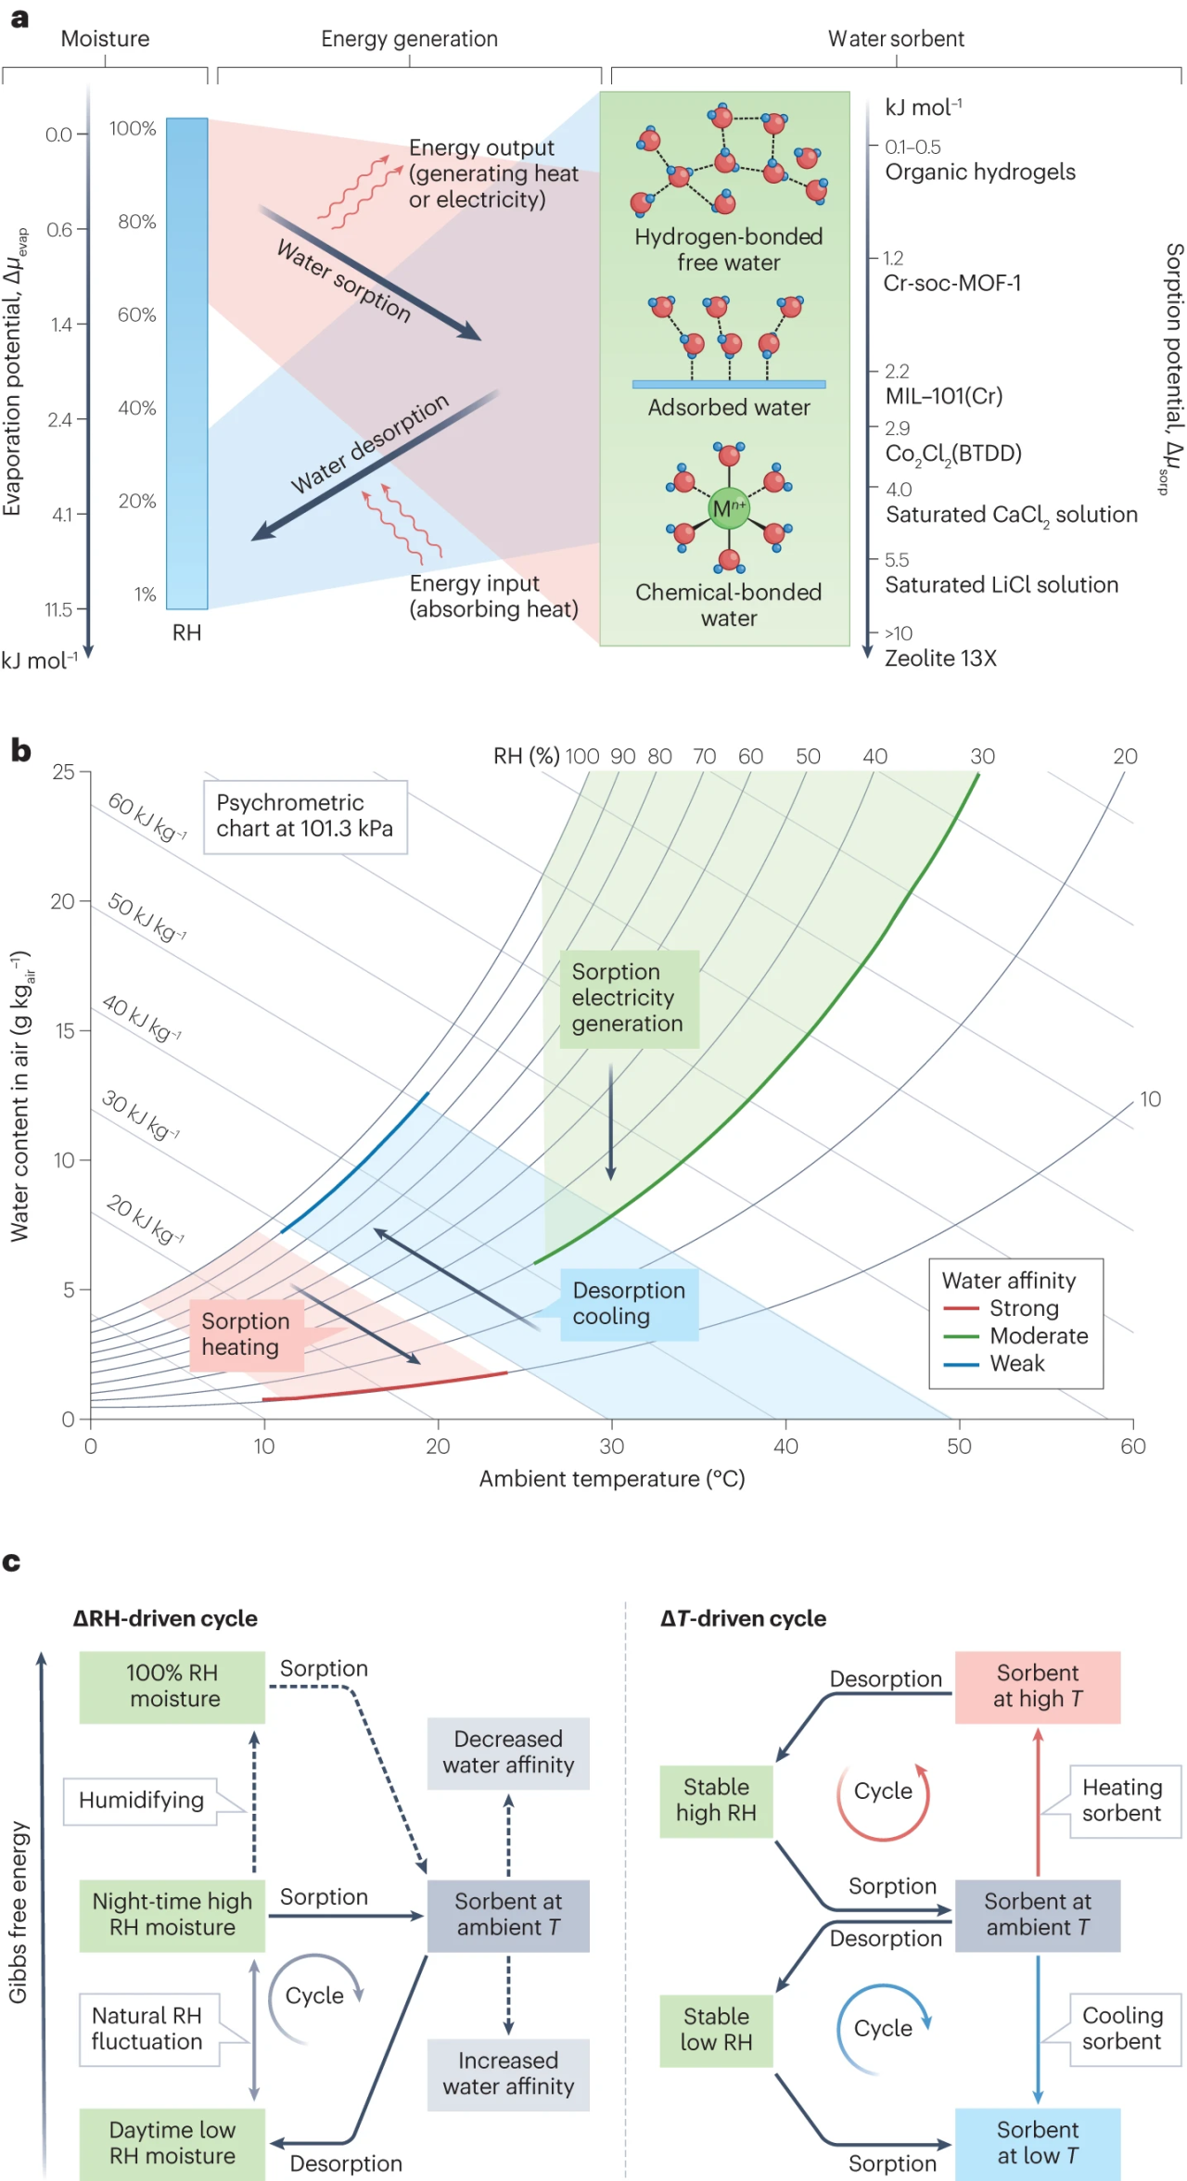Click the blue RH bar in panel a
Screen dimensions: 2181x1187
coord(186,363)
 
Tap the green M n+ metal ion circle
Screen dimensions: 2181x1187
coord(728,508)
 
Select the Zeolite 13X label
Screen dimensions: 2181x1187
coord(940,658)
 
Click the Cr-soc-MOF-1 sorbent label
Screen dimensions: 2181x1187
coord(951,283)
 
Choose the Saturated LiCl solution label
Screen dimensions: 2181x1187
coord(1002,585)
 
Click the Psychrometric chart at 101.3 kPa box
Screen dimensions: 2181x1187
coord(305,816)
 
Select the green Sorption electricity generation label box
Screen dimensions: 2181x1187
coord(629,999)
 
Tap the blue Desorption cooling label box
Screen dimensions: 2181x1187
coord(629,1304)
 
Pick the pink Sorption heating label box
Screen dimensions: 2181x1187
coord(247,1334)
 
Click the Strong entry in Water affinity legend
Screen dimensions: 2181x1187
coord(1023,1308)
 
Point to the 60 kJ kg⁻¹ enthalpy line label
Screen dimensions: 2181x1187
coord(147,816)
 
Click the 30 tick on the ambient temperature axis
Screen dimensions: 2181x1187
coord(611,1446)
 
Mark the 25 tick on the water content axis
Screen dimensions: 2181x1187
coord(63,772)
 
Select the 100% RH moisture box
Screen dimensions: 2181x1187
coord(172,1686)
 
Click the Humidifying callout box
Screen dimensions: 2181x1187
coord(141,1800)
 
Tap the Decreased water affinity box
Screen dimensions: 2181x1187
coord(508,1752)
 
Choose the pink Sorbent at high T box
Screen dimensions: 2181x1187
coord(1037,1686)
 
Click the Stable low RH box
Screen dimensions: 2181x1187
coord(716,2029)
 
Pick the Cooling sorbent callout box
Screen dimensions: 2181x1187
coord(1122,2029)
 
